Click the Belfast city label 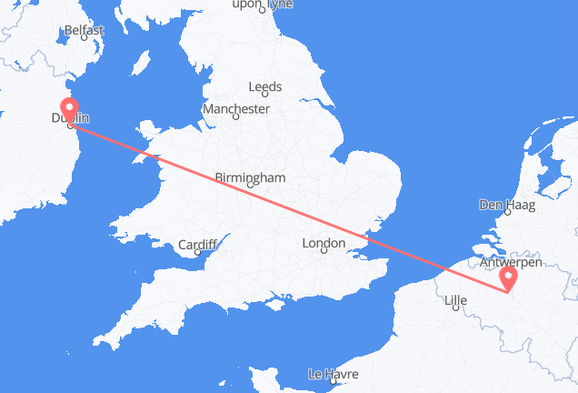(x=85, y=30)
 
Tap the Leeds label (x=265, y=87)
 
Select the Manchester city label (x=236, y=108)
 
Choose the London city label (x=324, y=243)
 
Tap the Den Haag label (x=502, y=206)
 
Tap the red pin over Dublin (x=71, y=109)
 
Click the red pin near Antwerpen (x=509, y=275)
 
